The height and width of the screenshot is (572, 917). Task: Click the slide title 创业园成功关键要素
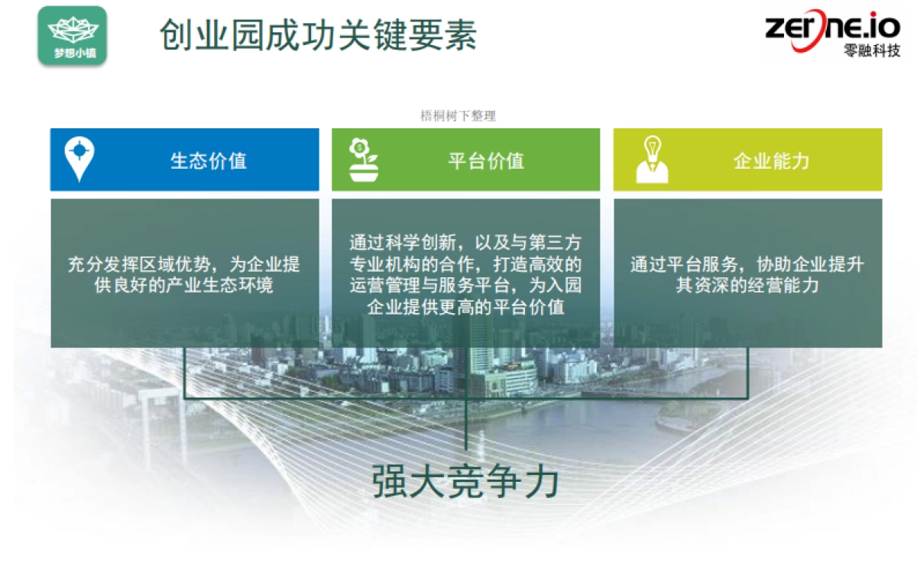318,34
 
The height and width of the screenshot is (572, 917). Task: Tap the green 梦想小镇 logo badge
72,35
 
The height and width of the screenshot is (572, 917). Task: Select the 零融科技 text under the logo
872,51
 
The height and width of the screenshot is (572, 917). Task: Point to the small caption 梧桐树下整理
458,116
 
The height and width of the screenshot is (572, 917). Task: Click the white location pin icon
79,158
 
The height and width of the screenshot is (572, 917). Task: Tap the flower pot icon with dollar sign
363,160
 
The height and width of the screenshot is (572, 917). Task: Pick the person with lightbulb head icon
652,160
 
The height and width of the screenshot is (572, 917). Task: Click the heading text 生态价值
208,161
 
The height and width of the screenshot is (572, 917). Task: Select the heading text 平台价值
486,161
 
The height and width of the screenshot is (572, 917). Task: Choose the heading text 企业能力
771,161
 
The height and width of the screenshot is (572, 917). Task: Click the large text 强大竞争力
466,482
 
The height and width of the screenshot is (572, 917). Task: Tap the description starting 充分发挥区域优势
184,275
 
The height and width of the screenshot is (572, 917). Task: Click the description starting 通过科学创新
465,275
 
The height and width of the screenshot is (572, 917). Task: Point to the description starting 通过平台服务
747,275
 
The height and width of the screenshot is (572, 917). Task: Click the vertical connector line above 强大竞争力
465,424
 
